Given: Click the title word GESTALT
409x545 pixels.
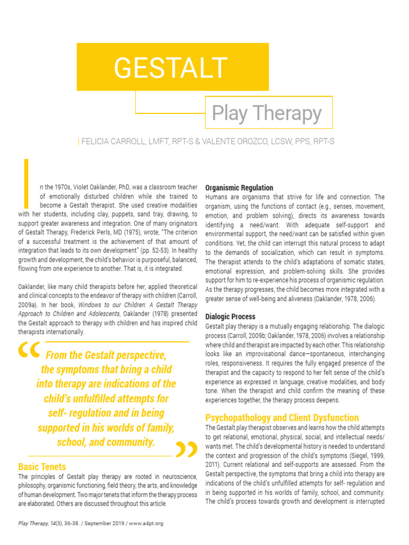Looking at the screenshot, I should tap(170, 67).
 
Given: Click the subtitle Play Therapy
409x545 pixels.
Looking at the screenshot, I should tap(266, 113).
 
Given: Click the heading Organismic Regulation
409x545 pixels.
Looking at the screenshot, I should tap(239, 188).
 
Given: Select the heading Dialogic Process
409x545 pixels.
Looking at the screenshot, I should tap(230, 317).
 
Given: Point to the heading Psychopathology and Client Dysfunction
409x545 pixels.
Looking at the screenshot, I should tap(282, 418).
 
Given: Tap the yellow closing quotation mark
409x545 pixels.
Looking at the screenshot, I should tap(186, 450).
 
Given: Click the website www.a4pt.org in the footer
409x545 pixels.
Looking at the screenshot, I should tap(146, 523).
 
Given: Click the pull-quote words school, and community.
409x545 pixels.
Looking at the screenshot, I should tap(105, 442).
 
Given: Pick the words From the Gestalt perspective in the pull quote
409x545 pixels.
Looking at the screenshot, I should tap(106, 356).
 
